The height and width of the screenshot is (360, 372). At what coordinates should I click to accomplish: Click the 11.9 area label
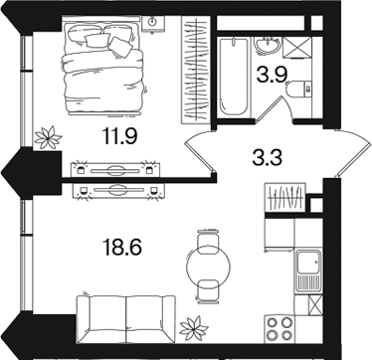click(x=120, y=136)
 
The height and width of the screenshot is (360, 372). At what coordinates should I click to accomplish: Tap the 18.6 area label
click(x=122, y=248)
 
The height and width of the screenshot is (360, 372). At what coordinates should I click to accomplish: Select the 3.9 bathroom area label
click(x=273, y=77)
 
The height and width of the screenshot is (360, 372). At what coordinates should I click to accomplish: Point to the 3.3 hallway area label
click(x=267, y=158)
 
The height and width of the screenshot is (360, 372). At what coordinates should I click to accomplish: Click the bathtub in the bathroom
click(x=234, y=77)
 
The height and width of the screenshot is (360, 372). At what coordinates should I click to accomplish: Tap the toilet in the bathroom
click(x=299, y=90)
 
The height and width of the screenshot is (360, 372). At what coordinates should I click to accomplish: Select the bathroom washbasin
click(x=268, y=45)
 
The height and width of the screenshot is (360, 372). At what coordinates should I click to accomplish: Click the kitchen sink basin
click(x=308, y=263)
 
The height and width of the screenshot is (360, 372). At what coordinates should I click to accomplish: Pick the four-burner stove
click(x=279, y=328)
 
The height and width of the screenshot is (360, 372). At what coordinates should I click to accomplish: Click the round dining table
click(x=208, y=267)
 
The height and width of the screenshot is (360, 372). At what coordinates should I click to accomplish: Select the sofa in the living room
click(x=125, y=318)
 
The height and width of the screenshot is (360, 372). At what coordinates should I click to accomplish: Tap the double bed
click(x=103, y=66)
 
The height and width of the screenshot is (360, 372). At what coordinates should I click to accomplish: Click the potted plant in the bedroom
click(x=48, y=137)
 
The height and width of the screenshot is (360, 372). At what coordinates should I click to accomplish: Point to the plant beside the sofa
click(x=194, y=328)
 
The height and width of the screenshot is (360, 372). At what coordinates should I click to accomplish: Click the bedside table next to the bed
click(x=153, y=23)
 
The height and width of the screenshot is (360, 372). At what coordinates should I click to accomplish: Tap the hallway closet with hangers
click(x=284, y=197)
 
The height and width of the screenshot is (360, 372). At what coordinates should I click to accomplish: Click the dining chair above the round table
click(x=208, y=241)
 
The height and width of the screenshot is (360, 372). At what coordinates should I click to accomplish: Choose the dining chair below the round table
click(x=208, y=291)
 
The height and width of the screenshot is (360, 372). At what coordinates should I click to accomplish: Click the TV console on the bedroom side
click(x=115, y=169)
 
